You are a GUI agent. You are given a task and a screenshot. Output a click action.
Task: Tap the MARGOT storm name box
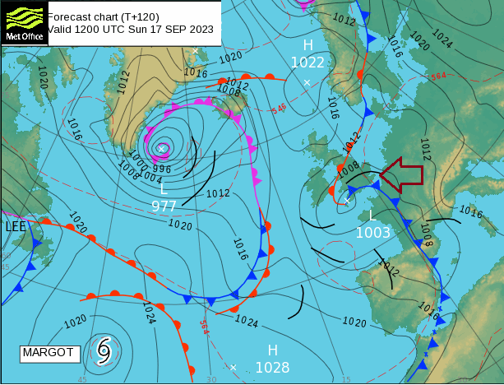click(48, 353)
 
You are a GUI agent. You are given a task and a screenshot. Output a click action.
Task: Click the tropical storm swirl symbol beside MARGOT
click(104, 350)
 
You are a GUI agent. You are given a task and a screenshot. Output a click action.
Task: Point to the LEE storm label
click(16, 226)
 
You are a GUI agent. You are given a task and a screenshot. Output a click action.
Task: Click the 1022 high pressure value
click(307, 63)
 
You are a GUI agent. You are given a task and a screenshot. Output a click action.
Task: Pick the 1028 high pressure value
click(272, 367)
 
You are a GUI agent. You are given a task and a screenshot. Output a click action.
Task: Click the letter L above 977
click(164, 189)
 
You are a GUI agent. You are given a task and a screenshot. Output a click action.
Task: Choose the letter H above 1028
click(272, 350)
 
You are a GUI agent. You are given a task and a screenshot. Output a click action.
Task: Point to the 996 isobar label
click(162, 169)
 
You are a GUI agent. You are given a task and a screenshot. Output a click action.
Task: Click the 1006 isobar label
click(229, 92)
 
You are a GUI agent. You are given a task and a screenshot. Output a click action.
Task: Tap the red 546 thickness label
click(280, 109)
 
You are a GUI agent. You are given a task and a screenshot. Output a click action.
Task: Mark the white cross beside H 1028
click(234, 367)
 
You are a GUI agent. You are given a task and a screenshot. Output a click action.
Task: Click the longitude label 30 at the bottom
click(211, 379)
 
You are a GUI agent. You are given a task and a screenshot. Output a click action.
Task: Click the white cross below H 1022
click(307, 82)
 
